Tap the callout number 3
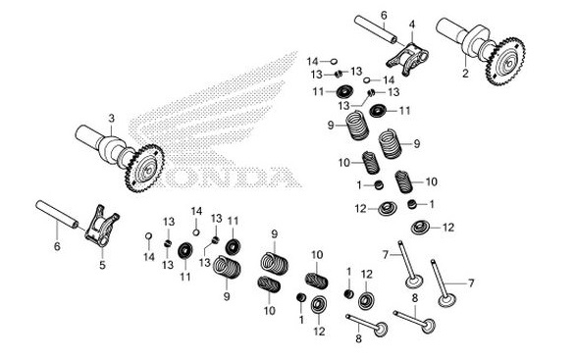(x=112, y=119)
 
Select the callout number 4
(x=412, y=24)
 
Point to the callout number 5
(x=101, y=263)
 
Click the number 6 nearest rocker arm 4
(x=384, y=15)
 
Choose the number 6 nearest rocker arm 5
(x=56, y=246)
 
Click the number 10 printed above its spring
(x=316, y=255)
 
